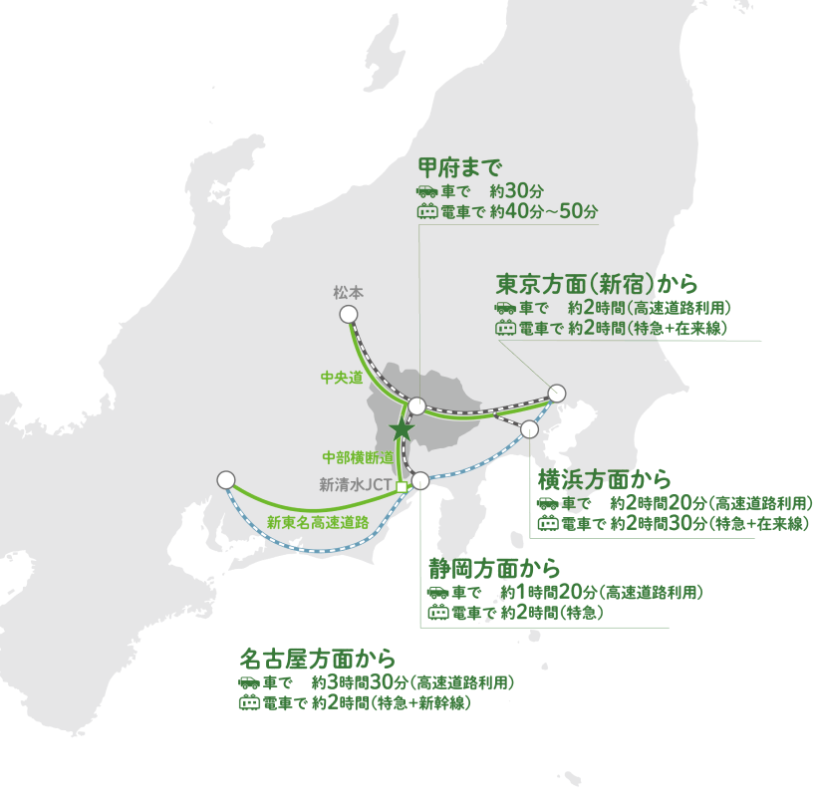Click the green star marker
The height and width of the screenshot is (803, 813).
[x=401, y=429]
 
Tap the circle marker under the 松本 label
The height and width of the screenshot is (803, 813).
[x=349, y=314]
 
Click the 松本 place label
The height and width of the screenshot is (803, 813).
[x=348, y=293]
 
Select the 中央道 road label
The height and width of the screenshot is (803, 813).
[x=341, y=378]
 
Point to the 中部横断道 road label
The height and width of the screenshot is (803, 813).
[x=358, y=457]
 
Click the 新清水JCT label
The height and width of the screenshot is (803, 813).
[x=356, y=486]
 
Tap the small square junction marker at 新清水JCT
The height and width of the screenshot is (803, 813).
[x=401, y=487]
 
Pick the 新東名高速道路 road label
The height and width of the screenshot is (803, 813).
[x=318, y=521]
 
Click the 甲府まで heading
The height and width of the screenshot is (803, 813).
[x=459, y=165]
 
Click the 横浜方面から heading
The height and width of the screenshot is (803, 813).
[x=605, y=477]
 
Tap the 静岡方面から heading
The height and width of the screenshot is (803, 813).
[x=494, y=569]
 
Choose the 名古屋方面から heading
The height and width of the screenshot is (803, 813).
[x=318, y=659]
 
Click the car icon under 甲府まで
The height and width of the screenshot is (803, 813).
[x=426, y=189]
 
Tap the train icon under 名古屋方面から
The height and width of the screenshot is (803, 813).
[x=249, y=703]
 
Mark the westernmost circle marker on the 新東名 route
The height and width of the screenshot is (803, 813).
[x=225, y=479]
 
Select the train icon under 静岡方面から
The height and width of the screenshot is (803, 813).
[x=437, y=614]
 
